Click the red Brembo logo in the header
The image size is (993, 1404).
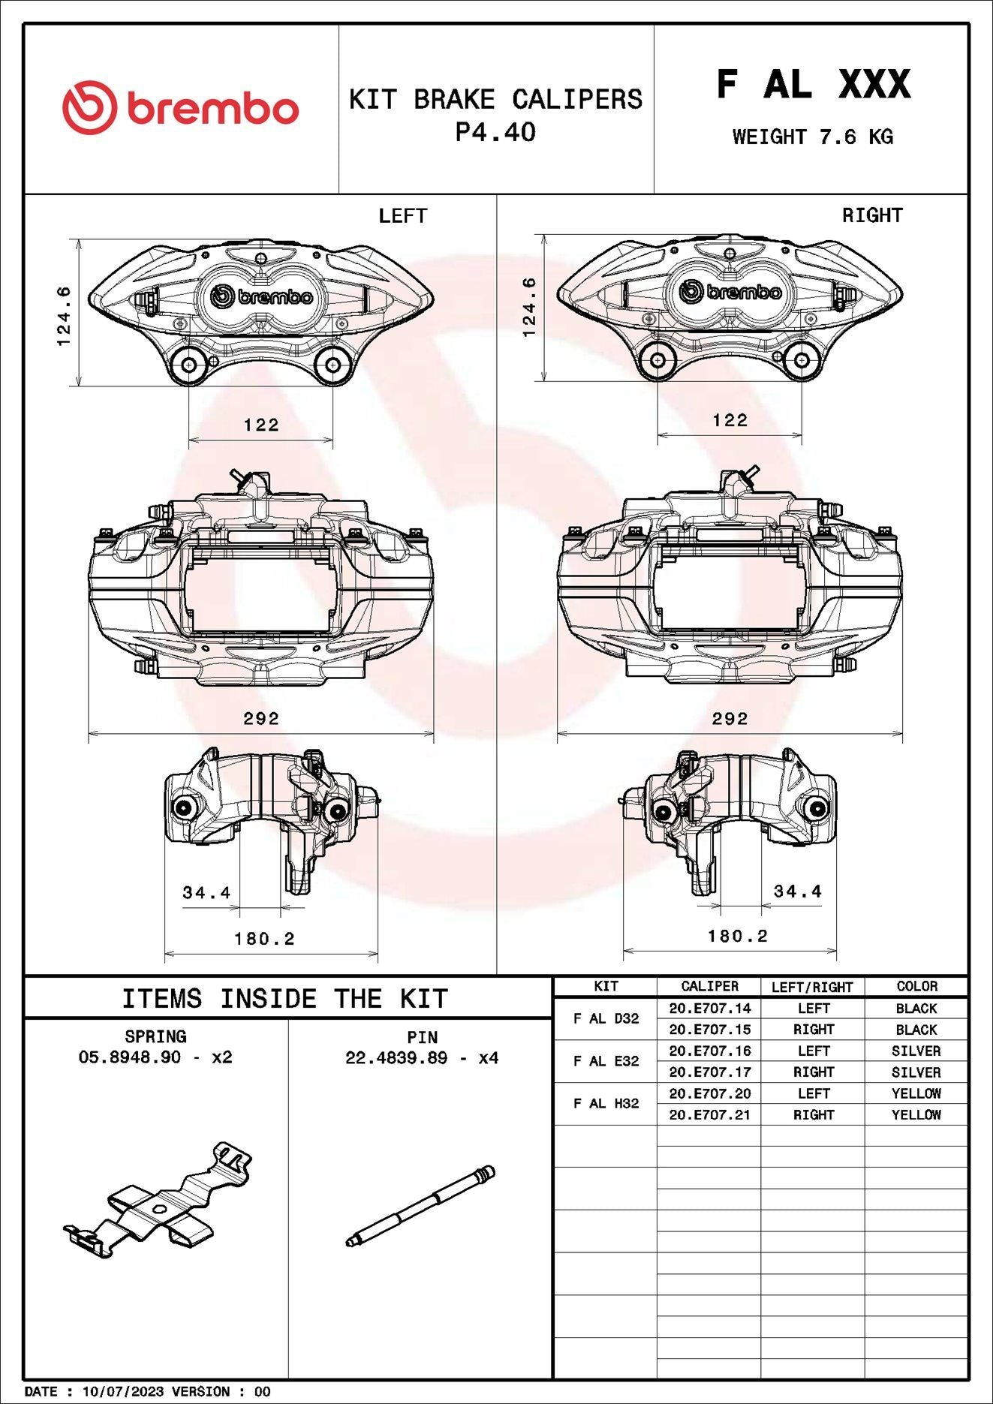point(180,108)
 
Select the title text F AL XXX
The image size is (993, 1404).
point(813,83)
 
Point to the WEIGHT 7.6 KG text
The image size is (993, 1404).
point(813,137)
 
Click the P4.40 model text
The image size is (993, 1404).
point(495,133)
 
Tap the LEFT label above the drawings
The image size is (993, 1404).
point(402,216)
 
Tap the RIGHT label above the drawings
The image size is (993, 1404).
point(872,215)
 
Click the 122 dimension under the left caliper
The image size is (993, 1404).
point(261,425)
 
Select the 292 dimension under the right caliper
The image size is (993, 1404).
point(730,719)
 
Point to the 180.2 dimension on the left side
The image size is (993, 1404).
point(264,939)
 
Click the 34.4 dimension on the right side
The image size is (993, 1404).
point(797,891)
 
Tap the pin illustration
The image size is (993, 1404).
point(420,1206)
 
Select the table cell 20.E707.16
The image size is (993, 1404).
point(709,1051)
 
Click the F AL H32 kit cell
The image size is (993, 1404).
point(606,1103)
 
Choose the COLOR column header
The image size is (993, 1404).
point(916,986)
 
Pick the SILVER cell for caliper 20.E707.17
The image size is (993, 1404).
point(916,1072)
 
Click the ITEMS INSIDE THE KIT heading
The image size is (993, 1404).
point(285,999)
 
